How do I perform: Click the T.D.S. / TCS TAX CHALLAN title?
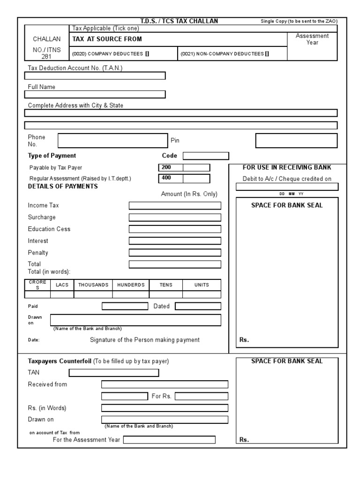(179, 21)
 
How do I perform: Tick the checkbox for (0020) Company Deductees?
(147, 53)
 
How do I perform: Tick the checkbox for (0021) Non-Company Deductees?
(267, 53)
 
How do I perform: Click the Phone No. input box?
(112, 141)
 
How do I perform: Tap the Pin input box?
(296, 141)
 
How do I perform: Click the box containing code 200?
(171, 167)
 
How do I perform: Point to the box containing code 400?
(171, 179)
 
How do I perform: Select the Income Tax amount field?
(175, 205)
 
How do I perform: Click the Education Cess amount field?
(175, 229)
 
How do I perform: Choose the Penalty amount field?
(175, 253)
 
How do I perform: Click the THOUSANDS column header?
(93, 285)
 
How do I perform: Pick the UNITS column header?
(201, 285)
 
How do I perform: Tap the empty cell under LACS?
(62, 294)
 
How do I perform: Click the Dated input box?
(198, 306)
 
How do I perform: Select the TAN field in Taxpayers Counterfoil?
(114, 373)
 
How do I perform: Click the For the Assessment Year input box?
(169, 440)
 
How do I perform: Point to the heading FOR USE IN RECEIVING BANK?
(286, 167)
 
